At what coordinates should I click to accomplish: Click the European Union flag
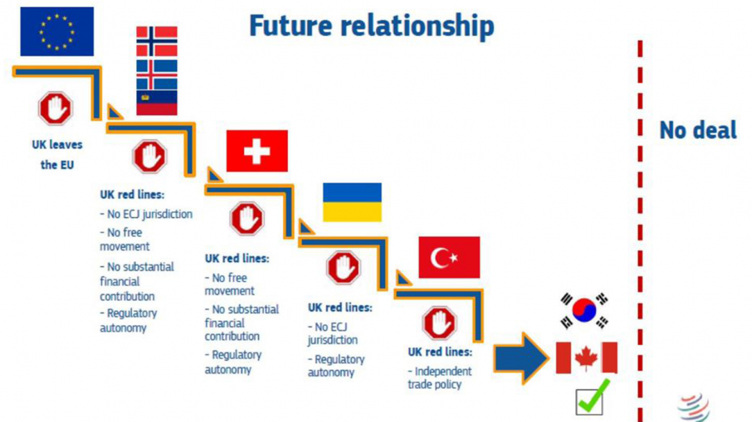click(57, 32)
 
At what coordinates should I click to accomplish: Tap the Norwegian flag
click(157, 42)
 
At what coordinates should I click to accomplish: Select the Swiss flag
click(257, 151)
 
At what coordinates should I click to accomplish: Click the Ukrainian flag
click(352, 202)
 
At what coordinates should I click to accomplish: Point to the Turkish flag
click(449, 257)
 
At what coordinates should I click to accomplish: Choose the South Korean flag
click(584, 310)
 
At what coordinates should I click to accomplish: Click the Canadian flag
click(586, 358)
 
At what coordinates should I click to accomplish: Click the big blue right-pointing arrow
click(521, 358)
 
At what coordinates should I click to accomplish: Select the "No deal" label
click(698, 130)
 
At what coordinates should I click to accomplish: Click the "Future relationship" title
click(372, 26)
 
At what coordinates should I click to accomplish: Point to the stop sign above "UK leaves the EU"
click(55, 109)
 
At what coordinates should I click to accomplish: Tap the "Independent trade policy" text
click(440, 378)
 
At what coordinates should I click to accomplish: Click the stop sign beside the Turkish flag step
click(440, 324)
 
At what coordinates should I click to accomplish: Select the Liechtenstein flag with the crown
click(157, 103)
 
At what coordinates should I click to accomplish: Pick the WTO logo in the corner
click(694, 407)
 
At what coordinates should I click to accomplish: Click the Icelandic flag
click(157, 75)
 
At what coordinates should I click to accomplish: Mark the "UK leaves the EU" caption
click(57, 155)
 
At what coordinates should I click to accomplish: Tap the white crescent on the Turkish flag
click(440, 258)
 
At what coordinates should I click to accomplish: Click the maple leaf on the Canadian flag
click(586, 358)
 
